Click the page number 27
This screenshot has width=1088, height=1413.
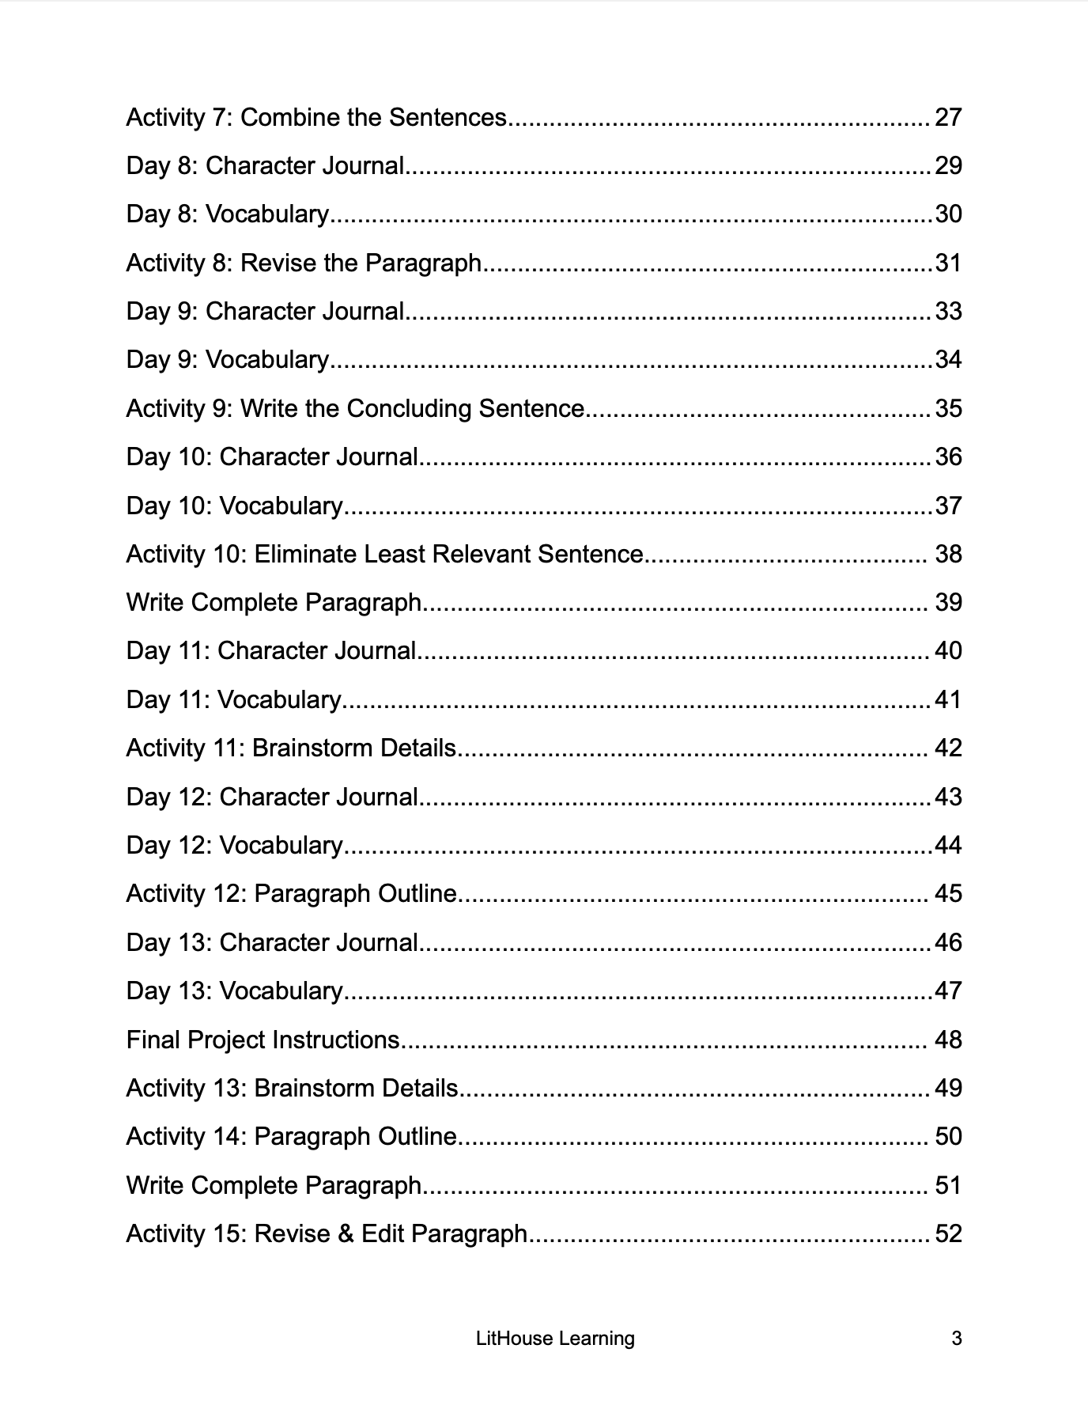948,117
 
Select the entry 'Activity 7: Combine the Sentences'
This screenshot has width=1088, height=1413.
316,117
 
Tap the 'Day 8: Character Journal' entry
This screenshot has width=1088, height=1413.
266,166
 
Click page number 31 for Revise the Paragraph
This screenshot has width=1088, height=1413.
948,263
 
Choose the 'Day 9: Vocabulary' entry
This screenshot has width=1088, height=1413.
228,360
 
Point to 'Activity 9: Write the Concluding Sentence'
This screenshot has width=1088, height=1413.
355,408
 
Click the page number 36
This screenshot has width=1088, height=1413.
948,456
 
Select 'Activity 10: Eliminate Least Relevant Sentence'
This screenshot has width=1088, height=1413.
385,554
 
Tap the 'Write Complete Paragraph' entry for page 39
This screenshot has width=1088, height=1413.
274,602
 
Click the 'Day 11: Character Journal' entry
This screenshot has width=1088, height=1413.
271,650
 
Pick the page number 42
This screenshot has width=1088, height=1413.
948,748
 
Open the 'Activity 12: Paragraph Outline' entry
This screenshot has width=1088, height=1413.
292,893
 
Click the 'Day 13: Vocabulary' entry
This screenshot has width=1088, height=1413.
235,991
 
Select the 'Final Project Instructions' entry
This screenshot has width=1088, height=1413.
263,1040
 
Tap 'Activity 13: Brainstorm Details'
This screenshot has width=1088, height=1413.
293,1088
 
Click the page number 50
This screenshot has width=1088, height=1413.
948,1136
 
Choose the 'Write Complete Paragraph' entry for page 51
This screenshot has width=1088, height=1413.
274,1185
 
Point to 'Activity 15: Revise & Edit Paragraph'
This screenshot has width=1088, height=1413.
327,1233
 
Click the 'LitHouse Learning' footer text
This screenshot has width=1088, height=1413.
555,1339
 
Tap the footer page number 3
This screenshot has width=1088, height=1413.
956,1339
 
